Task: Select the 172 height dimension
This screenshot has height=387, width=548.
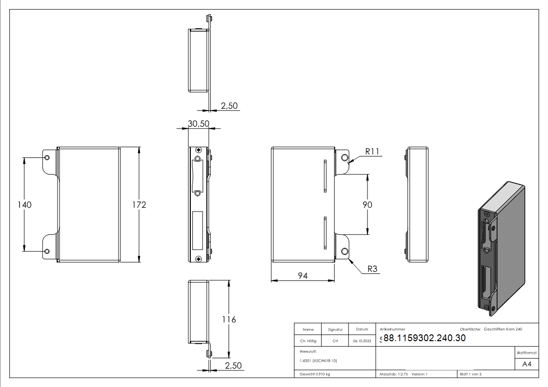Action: (139, 205)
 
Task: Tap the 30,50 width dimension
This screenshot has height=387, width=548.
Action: (198, 124)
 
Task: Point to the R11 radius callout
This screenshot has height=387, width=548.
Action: (372, 152)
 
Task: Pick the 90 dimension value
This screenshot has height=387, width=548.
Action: (367, 205)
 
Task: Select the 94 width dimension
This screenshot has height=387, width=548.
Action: (303, 276)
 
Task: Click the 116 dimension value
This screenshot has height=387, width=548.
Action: (229, 319)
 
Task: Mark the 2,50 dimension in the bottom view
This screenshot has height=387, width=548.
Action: (233, 366)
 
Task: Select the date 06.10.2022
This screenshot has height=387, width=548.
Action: (362, 341)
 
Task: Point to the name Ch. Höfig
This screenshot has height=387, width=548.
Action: (308, 341)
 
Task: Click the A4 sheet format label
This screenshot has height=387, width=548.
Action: (527, 364)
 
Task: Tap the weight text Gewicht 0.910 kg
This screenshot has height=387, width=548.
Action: (315, 374)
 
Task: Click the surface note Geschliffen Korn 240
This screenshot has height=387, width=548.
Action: (503, 329)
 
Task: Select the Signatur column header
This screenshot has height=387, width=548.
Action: (335, 329)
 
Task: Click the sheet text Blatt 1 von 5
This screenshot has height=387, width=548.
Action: (470, 374)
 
